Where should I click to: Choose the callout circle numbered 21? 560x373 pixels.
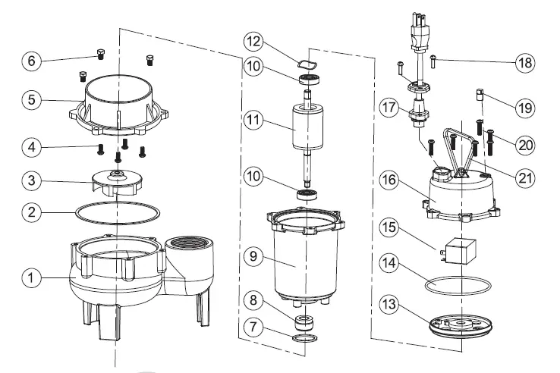coord(523,178)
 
